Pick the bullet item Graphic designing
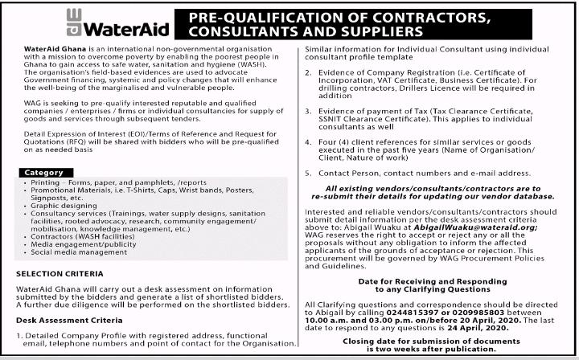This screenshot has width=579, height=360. click(x=55, y=204)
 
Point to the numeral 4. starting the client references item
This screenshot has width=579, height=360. click(x=309, y=141)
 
